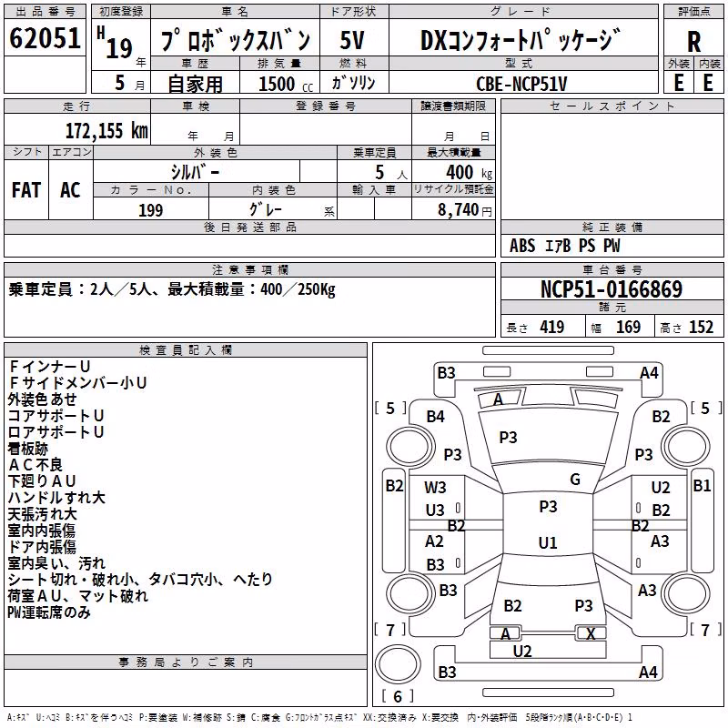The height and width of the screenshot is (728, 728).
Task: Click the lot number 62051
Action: tap(45, 38)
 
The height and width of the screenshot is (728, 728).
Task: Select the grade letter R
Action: tap(693, 42)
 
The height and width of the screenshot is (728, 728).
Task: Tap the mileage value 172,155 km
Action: tap(106, 130)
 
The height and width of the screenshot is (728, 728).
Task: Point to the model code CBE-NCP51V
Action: tap(521, 84)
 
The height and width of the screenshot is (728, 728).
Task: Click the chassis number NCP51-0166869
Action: tap(612, 289)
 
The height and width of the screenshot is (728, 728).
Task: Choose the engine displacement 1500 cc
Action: tap(286, 84)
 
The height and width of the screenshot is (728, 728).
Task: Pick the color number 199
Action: tap(150, 210)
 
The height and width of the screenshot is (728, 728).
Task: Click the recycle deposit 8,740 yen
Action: tap(465, 210)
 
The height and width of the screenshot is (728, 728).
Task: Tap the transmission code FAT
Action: tap(26, 190)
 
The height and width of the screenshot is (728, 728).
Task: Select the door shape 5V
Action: tap(352, 40)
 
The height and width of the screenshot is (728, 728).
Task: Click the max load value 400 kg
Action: tap(469, 172)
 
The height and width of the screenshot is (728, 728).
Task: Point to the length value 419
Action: tap(551, 328)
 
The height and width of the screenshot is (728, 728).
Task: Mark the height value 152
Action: tap(701, 328)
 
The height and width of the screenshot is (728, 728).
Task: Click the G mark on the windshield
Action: tap(575, 480)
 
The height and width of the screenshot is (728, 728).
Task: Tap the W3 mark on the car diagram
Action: tap(435, 488)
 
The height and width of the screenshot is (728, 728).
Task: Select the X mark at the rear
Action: tap(591, 633)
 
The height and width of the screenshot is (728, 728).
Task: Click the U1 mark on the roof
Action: tap(548, 542)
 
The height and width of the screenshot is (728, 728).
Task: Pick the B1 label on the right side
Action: tap(702, 486)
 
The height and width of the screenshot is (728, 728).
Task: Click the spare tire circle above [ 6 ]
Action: tap(398, 664)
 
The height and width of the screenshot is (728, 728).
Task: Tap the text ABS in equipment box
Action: tap(522, 246)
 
